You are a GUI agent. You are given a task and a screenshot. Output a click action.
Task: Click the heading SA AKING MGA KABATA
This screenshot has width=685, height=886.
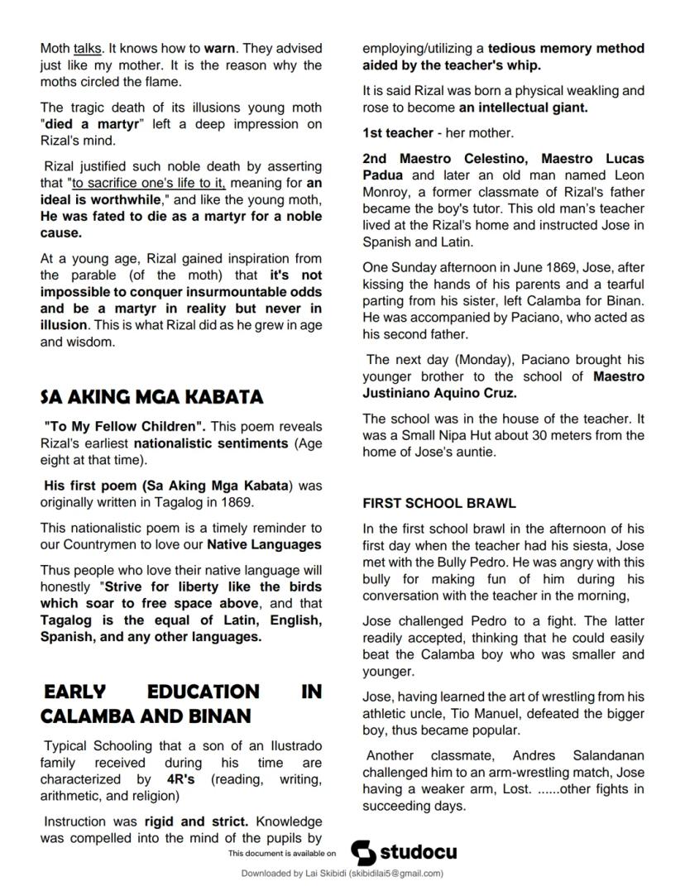pyautogui.click(x=151, y=397)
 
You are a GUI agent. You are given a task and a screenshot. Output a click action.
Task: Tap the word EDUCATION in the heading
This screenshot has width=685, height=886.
pyautogui.click(x=203, y=692)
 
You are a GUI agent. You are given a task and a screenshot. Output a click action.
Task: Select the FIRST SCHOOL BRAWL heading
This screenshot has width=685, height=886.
pyautogui.click(x=438, y=503)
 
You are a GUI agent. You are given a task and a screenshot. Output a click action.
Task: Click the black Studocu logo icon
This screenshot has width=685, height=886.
pyautogui.click(x=363, y=852)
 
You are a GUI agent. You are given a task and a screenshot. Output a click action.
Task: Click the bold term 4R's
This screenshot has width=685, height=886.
pyautogui.click(x=180, y=779)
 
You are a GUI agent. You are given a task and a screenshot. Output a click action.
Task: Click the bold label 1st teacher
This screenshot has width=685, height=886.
pyautogui.click(x=397, y=133)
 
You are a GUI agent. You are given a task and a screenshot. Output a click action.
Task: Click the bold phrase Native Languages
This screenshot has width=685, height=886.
pyautogui.click(x=264, y=544)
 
